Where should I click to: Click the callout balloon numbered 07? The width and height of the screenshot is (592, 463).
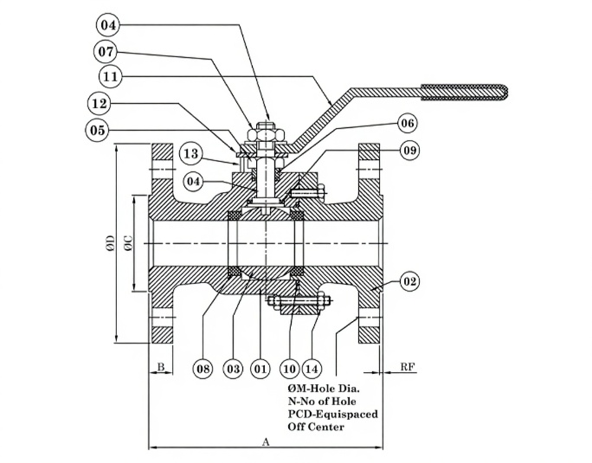(x=106, y=51)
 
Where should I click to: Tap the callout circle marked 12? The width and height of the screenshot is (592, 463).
(x=100, y=104)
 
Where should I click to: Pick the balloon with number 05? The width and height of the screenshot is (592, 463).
(x=97, y=131)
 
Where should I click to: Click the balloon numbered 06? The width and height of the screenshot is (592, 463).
(x=409, y=124)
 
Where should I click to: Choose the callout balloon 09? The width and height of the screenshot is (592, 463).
(x=409, y=151)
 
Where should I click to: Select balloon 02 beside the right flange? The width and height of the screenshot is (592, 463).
(x=410, y=281)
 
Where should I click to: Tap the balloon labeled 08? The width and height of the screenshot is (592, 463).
(x=203, y=369)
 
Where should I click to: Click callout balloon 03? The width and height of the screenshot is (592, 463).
(x=233, y=369)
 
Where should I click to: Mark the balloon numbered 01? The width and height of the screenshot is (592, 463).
(x=261, y=369)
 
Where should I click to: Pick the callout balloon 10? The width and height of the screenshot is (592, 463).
(x=289, y=369)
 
